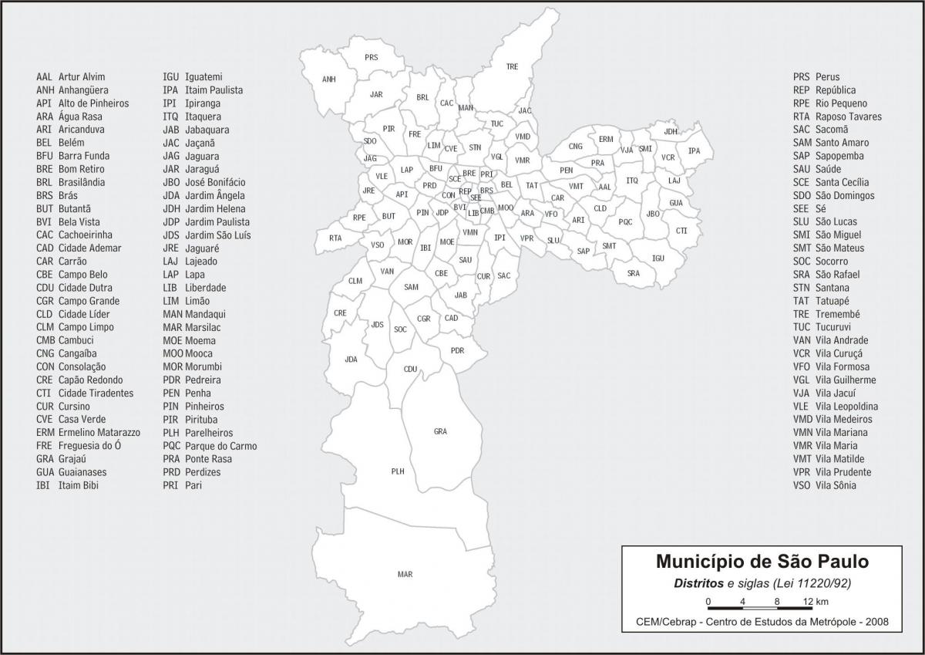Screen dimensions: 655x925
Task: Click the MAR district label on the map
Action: point(405,575)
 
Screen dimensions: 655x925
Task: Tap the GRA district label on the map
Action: point(440,431)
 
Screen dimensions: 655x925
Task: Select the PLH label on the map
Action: point(398,471)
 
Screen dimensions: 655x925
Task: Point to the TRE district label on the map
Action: point(512,67)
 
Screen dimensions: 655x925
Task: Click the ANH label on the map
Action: point(329,79)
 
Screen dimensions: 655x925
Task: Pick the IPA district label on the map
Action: point(695,150)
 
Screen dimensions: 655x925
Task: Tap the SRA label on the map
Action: point(633,273)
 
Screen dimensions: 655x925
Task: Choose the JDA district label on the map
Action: point(351,360)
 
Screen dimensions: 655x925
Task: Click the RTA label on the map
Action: point(335,238)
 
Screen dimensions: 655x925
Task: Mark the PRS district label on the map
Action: point(372,58)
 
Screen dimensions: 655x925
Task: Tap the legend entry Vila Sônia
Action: point(836,485)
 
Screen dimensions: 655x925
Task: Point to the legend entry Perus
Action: point(827,77)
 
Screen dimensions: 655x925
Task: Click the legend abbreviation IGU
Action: point(170,77)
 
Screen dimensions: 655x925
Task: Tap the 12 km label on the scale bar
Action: point(816,602)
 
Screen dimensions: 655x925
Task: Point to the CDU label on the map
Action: point(410,369)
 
